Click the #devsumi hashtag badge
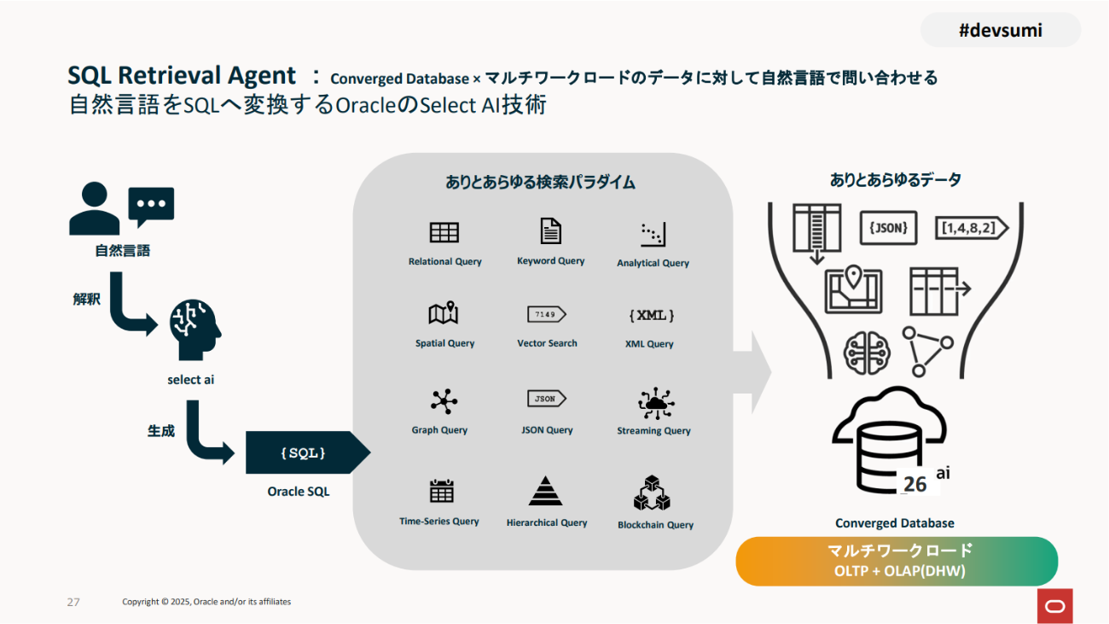click(1000, 31)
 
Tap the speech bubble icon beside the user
click(151, 206)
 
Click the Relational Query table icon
click(444, 232)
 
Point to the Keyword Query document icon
click(550, 231)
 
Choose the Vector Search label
click(547, 343)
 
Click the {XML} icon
click(652, 316)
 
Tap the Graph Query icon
click(444, 401)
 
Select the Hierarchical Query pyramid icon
click(545, 491)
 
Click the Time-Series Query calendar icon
click(441, 491)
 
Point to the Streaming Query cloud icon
click(655, 403)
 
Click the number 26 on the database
click(914, 484)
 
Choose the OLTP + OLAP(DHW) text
click(899, 571)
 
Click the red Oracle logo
click(1055, 605)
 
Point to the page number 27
click(73, 602)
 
